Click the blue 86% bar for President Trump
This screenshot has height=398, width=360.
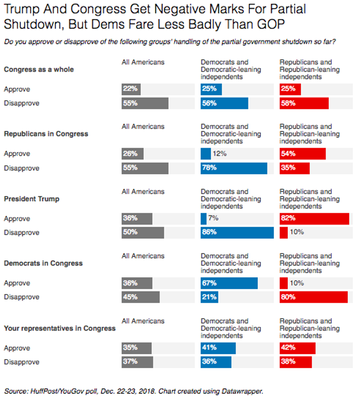coord(237,233)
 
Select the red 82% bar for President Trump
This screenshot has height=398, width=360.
coord(314,219)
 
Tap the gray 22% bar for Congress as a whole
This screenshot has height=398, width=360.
coord(131,89)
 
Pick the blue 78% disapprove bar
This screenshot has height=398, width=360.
coord(234,168)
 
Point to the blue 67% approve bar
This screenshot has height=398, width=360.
coord(229,283)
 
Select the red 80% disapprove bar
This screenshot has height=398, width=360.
coord(313,297)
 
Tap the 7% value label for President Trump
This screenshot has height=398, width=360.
coord(213,218)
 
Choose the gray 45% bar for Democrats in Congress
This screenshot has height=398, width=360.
coord(140,297)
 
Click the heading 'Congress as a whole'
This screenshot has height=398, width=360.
coord(39,70)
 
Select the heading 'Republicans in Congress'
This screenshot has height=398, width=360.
coord(46,134)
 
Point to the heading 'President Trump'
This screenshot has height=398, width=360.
coord(31,199)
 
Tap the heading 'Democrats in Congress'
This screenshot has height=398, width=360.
coord(43,264)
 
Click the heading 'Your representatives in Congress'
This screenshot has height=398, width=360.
coord(60,329)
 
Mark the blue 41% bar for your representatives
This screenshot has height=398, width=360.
coord(218,348)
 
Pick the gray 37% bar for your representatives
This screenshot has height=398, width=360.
coord(137,362)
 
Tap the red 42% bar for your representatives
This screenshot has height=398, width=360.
coord(297,348)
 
